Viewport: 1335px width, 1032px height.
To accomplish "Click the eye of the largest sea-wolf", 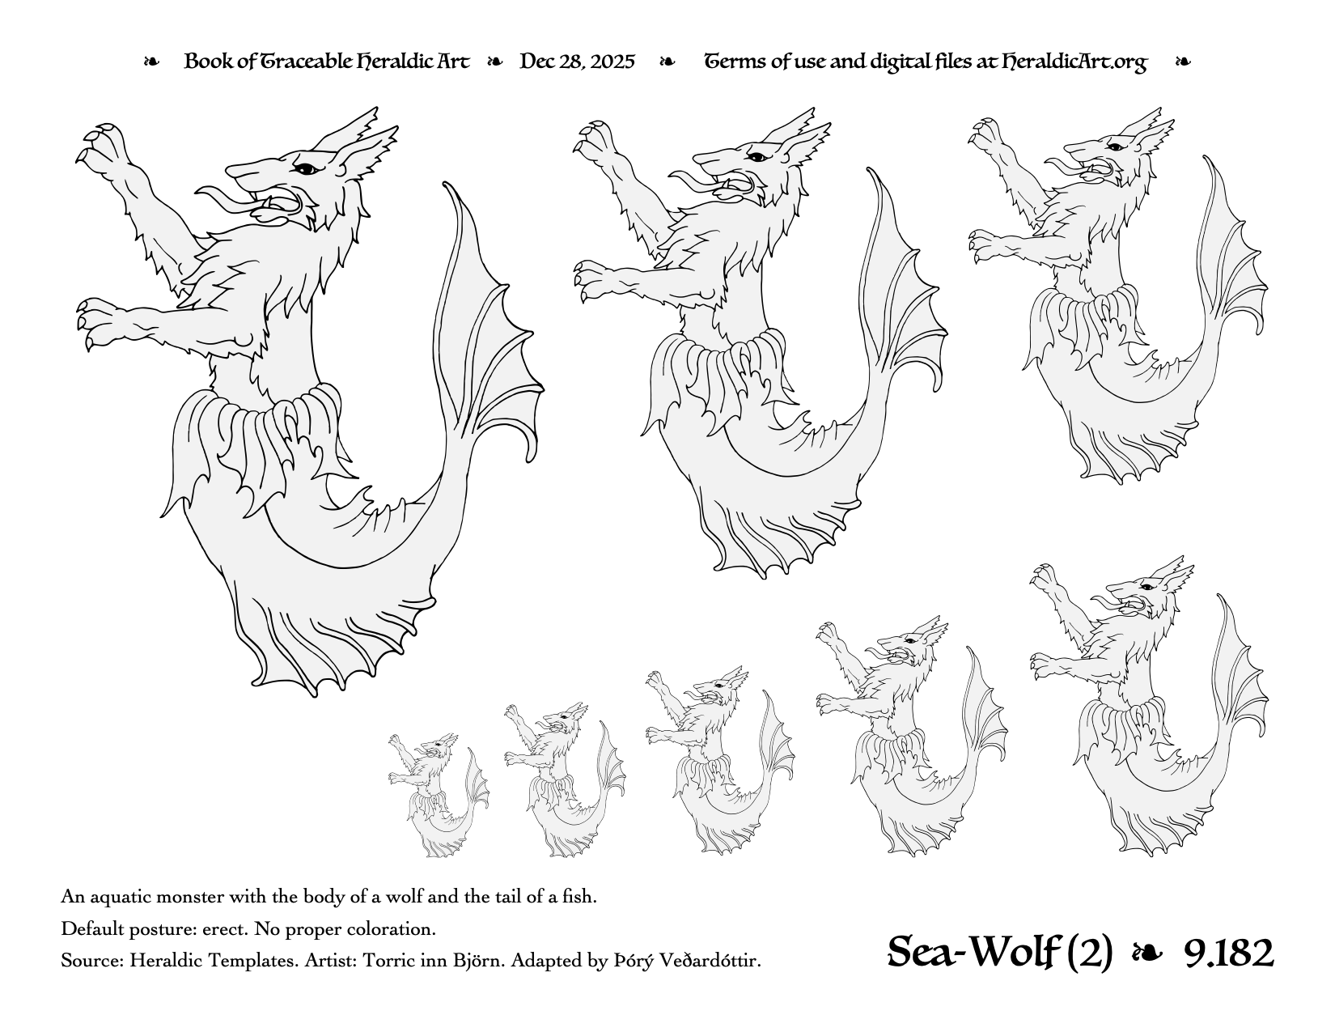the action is pos(305,168).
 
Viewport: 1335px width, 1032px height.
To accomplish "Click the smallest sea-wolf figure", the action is pos(438,795).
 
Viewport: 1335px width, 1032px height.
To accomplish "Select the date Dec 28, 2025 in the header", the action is pos(577,62).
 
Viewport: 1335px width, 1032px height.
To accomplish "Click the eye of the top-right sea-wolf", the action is pos(1113,147).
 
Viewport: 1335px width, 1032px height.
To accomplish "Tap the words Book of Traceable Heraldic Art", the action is pos(327,62).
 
